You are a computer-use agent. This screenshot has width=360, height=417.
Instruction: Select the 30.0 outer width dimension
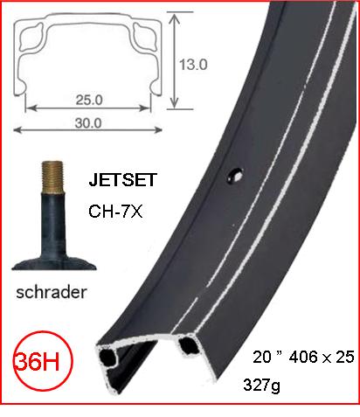[x=90, y=123]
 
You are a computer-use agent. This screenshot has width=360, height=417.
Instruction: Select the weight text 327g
[x=271, y=384]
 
